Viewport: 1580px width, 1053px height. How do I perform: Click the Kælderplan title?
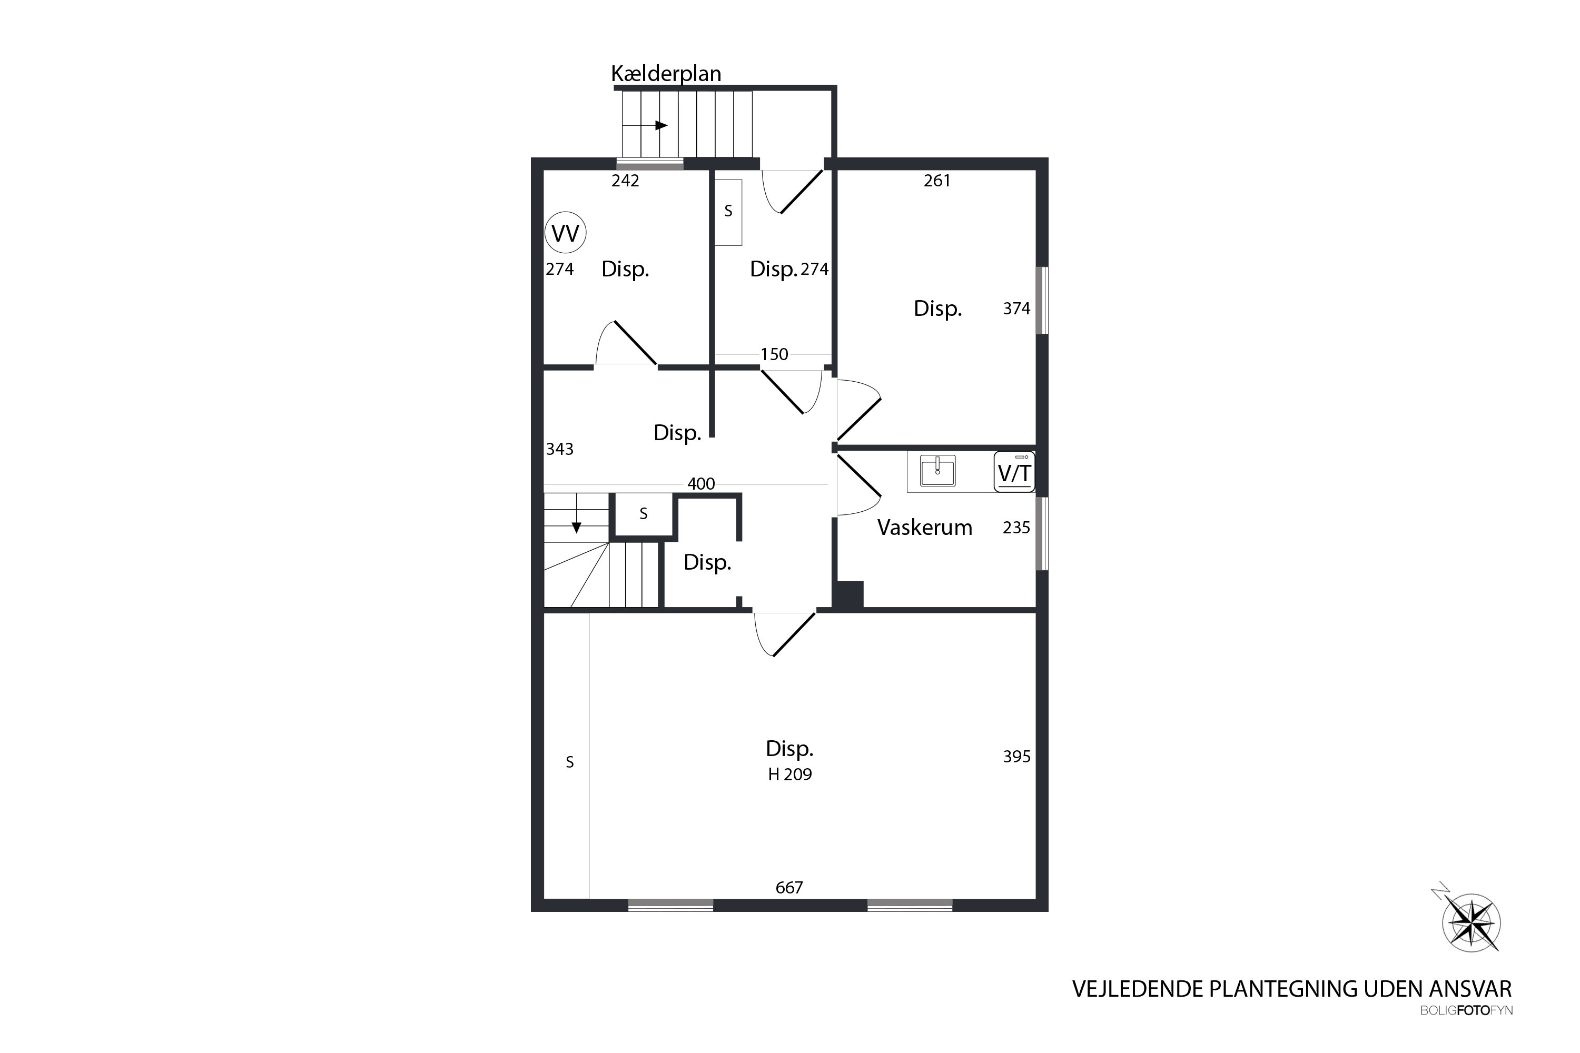click(x=666, y=73)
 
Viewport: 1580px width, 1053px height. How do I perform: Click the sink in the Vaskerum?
click(x=938, y=470)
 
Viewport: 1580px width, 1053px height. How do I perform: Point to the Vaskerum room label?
click(x=924, y=528)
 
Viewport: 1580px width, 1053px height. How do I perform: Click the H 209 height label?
click(x=790, y=774)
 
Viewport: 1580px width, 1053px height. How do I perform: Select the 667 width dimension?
click(x=789, y=888)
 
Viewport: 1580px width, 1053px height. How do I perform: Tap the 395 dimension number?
click(x=1016, y=757)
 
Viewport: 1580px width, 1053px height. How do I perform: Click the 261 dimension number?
click(x=937, y=181)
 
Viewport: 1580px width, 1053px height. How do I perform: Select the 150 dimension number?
click(x=775, y=354)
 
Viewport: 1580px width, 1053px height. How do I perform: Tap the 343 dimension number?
click(x=559, y=449)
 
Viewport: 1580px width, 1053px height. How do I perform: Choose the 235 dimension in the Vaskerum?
click(x=1016, y=528)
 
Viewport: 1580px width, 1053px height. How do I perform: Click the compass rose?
click(x=1471, y=923)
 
